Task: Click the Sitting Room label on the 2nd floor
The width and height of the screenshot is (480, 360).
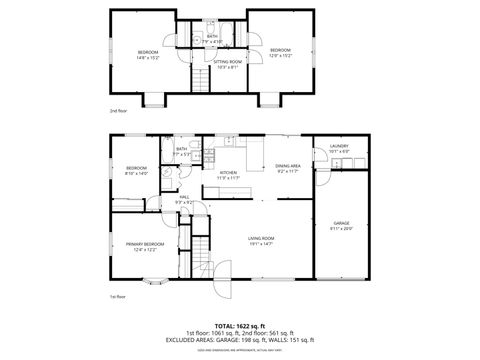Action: [227, 64]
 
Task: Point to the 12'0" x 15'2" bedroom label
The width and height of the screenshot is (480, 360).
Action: [279, 52]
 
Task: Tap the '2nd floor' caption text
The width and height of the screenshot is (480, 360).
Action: [118, 111]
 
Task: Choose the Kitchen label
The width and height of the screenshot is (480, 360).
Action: [229, 174]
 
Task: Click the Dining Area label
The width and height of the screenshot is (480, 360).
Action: [288, 169]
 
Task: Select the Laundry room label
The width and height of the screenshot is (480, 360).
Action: [339, 149]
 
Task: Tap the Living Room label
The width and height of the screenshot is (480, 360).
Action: [261, 240]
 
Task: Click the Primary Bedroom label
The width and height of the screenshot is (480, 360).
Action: [145, 247]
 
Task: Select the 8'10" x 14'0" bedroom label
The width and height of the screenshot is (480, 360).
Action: [136, 170]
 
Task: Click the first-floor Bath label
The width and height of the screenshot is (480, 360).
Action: [181, 152]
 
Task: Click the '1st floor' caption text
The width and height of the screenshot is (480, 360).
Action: [118, 298]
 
